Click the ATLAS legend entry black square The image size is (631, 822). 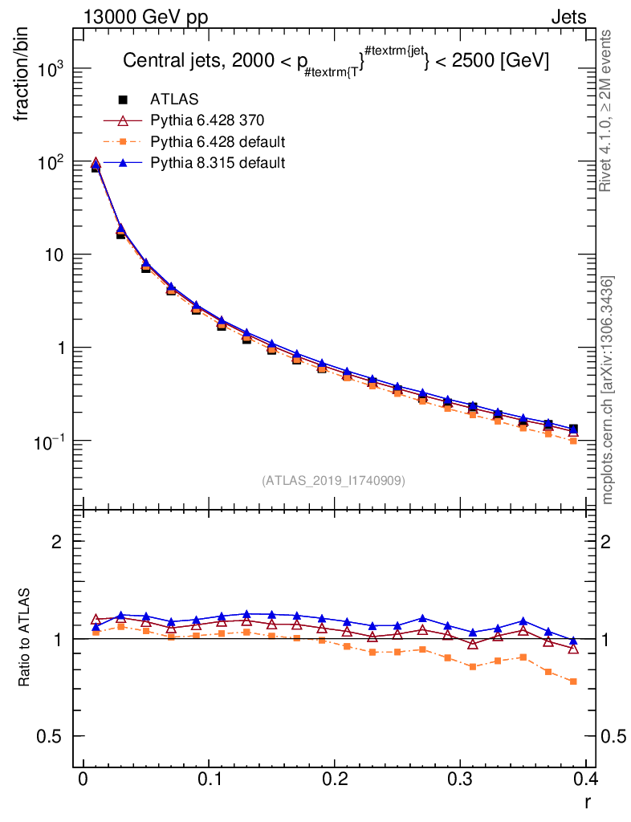pyautogui.click(x=124, y=100)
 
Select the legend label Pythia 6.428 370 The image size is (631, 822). pyautogui.click(x=207, y=120)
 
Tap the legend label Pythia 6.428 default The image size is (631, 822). pyautogui.click(x=218, y=142)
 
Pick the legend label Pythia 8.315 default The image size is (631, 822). pyautogui.click(x=218, y=163)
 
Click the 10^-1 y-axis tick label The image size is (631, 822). pyautogui.click(x=53, y=442)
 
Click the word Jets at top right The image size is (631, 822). pyautogui.click(x=568, y=17)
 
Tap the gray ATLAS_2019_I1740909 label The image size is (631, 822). pyautogui.click(x=333, y=481)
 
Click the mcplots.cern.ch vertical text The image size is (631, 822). pyautogui.click(x=608, y=390)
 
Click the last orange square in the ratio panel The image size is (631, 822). pyautogui.click(x=572, y=682)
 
